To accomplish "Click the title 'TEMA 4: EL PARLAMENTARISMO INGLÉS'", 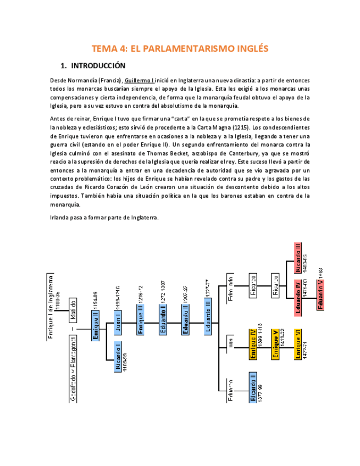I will point(180,48).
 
